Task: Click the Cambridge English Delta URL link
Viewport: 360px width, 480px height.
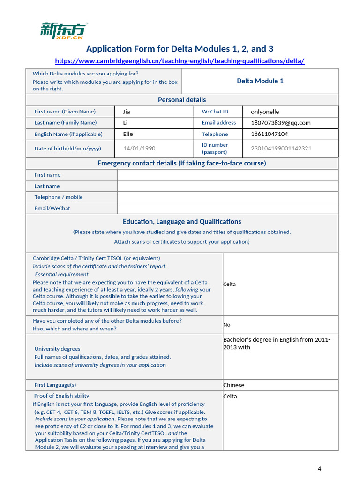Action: pyautogui.click(x=180, y=61)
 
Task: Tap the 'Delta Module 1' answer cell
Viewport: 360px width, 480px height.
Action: pyautogui.click(x=260, y=81)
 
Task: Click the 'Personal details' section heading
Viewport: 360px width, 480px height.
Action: pyautogui.click(x=182, y=100)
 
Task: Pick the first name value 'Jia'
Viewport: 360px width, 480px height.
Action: pyautogui.click(x=127, y=112)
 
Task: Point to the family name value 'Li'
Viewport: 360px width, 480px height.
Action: pyautogui.click(x=126, y=123)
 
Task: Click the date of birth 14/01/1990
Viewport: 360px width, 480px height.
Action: pyautogui.click(x=139, y=148)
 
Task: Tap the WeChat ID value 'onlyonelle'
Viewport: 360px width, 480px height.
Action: pyautogui.click(x=265, y=112)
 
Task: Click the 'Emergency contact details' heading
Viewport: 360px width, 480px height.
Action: pyautogui.click(x=182, y=163)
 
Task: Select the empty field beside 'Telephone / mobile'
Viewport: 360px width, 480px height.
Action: pyautogui.click(x=227, y=197)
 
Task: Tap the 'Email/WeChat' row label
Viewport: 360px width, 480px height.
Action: pyautogui.click(x=52, y=208)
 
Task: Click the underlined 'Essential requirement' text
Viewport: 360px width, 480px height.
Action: pyautogui.click(x=61, y=274)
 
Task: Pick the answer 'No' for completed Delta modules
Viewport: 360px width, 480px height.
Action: pyautogui.click(x=227, y=324)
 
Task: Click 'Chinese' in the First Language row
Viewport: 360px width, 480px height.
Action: pyautogui.click(x=233, y=385)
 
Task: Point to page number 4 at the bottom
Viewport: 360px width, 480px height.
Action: pyautogui.click(x=320, y=469)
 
